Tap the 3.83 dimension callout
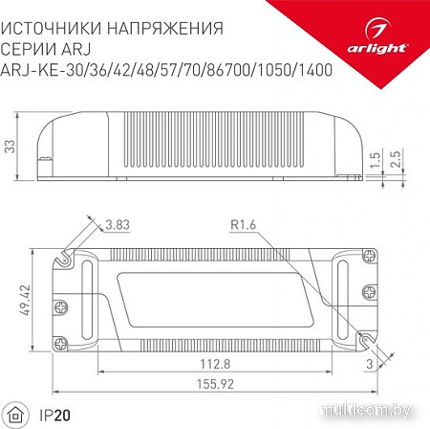pyautogui.click(x=118, y=226)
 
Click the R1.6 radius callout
pyautogui.click(x=244, y=226)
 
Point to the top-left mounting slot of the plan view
pyautogui.click(x=64, y=258)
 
